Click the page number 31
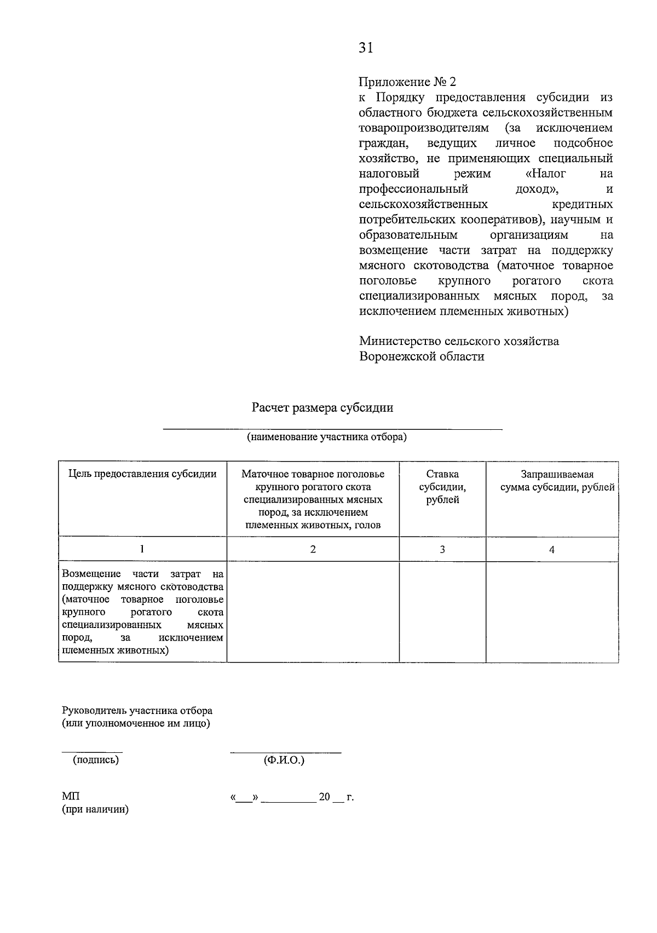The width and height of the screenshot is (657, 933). [366, 48]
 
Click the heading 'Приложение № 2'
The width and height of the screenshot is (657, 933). [407, 82]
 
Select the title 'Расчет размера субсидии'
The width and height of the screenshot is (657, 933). [322, 408]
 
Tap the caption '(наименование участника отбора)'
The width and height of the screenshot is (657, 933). [327, 437]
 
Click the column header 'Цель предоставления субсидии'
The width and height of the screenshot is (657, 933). [142, 474]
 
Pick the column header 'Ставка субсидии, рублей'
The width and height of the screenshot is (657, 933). [442, 487]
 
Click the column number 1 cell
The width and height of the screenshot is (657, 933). [142, 549]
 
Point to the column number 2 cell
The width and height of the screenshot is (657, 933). [313, 549]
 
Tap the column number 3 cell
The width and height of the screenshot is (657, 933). [442, 549]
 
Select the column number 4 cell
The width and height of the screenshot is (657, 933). [552, 549]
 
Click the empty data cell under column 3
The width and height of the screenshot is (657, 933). [442, 612]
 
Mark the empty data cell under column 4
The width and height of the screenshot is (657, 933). [552, 612]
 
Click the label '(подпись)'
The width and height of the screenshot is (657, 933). [96, 760]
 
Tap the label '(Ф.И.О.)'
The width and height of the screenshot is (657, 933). [284, 760]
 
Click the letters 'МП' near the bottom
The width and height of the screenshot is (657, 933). [71, 797]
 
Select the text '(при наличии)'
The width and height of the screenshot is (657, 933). [95, 810]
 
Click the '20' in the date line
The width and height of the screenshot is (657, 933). [324, 797]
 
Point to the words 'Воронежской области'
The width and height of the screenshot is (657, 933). [422, 356]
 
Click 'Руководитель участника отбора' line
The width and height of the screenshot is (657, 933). [137, 711]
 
